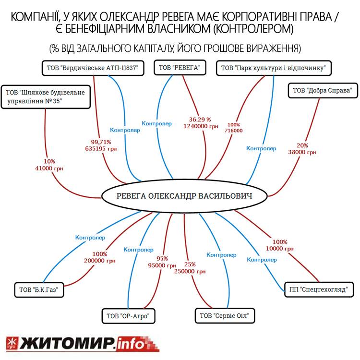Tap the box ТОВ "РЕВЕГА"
179,68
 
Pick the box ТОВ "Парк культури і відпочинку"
274,68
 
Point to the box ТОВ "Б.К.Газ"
39,289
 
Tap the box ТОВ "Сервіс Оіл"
224,316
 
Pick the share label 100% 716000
236,127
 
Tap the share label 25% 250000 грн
190,268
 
